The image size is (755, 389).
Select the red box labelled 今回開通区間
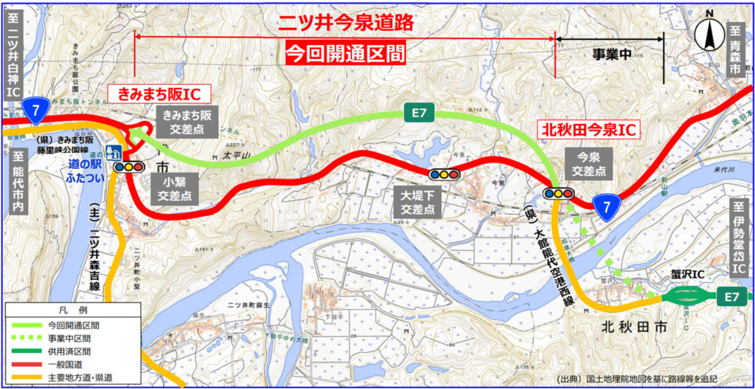tap(345, 52)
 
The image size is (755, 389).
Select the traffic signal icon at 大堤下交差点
tap(444, 174)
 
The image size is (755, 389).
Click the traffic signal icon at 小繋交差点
tap(128, 167)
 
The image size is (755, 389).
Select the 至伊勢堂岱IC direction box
tap(738, 237)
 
